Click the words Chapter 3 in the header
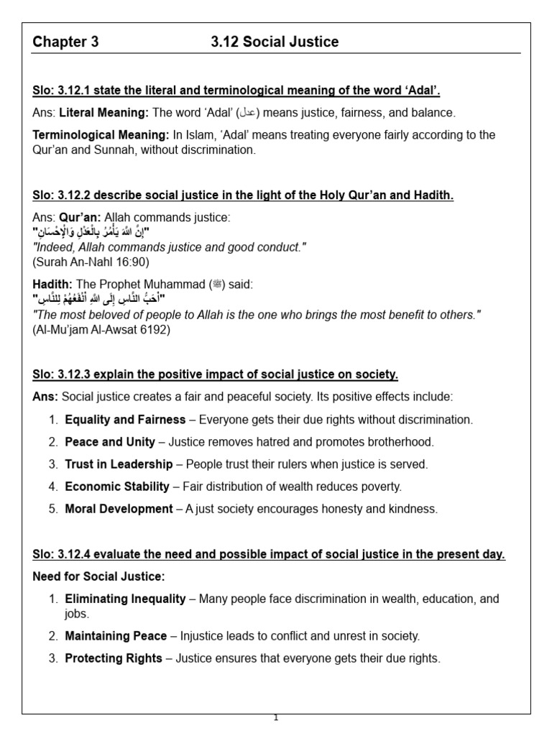65,42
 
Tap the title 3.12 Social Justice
275,42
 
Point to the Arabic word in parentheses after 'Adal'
247,113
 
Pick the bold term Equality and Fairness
129,420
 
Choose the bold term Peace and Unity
110,442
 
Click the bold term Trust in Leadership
119,464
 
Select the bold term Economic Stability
117,487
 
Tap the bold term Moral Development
119,509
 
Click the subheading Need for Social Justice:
98,576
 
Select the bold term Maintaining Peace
116,636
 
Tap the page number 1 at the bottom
276,717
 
